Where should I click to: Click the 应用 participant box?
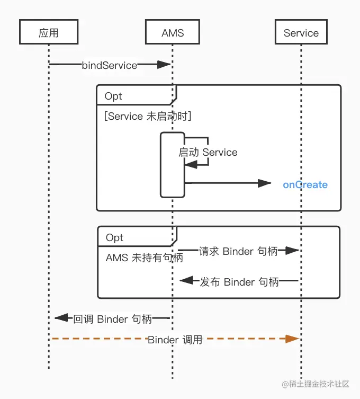(49, 32)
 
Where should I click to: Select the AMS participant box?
(173, 32)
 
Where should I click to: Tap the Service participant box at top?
(301, 32)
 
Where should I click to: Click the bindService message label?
(110, 65)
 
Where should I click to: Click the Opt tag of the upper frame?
(113, 96)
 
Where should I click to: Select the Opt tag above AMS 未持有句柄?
(114, 237)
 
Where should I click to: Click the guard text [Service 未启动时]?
(148, 116)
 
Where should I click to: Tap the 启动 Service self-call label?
(208, 153)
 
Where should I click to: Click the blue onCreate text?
(305, 185)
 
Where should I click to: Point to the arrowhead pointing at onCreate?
(265, 183)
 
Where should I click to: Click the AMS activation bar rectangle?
(173, 164)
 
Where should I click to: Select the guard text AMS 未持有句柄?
(145, 258)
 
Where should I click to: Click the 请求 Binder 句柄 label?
(238, 251)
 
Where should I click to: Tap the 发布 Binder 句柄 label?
(239, 282)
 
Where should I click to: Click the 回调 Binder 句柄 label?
(113, 319)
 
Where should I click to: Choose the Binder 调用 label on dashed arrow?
(175, 340)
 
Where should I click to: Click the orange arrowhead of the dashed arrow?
(292, 339)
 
